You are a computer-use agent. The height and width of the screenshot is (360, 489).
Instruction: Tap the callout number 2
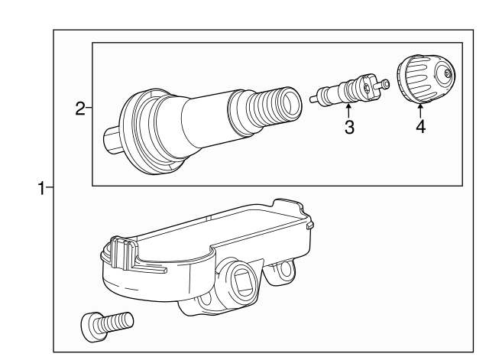(x=80, y=109)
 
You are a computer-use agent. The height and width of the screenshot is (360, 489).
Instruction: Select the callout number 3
(x=348, y=128)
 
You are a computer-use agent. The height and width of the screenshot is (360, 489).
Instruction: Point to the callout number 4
(x=419, y=128)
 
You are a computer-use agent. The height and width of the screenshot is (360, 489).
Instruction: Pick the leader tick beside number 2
(x=89, y=109)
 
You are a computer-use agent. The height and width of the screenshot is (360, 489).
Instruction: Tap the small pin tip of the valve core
(x=387, y=83)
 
